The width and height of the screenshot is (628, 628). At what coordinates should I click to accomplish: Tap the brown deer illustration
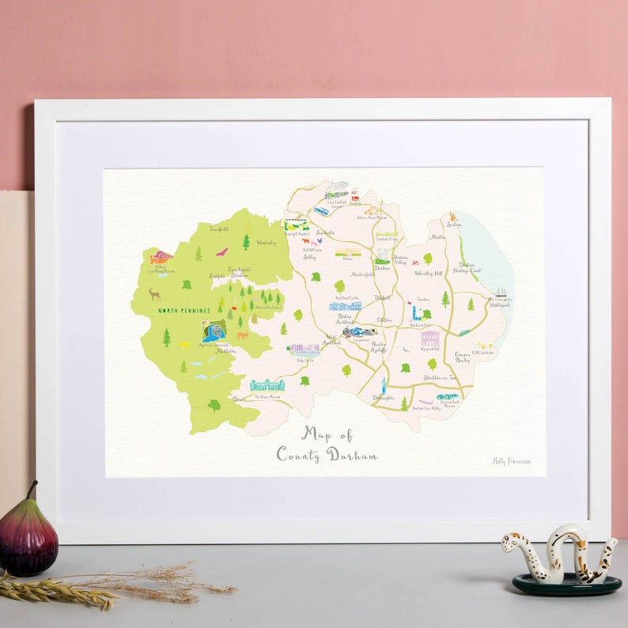154,294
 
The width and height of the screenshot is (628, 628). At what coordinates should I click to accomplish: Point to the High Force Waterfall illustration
213,330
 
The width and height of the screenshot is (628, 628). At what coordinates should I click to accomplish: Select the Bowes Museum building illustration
267,385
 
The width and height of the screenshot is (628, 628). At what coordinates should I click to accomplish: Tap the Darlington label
383,398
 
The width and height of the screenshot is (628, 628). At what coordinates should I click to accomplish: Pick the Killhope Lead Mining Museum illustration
161,257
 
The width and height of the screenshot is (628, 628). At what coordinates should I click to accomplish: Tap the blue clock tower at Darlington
383,385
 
